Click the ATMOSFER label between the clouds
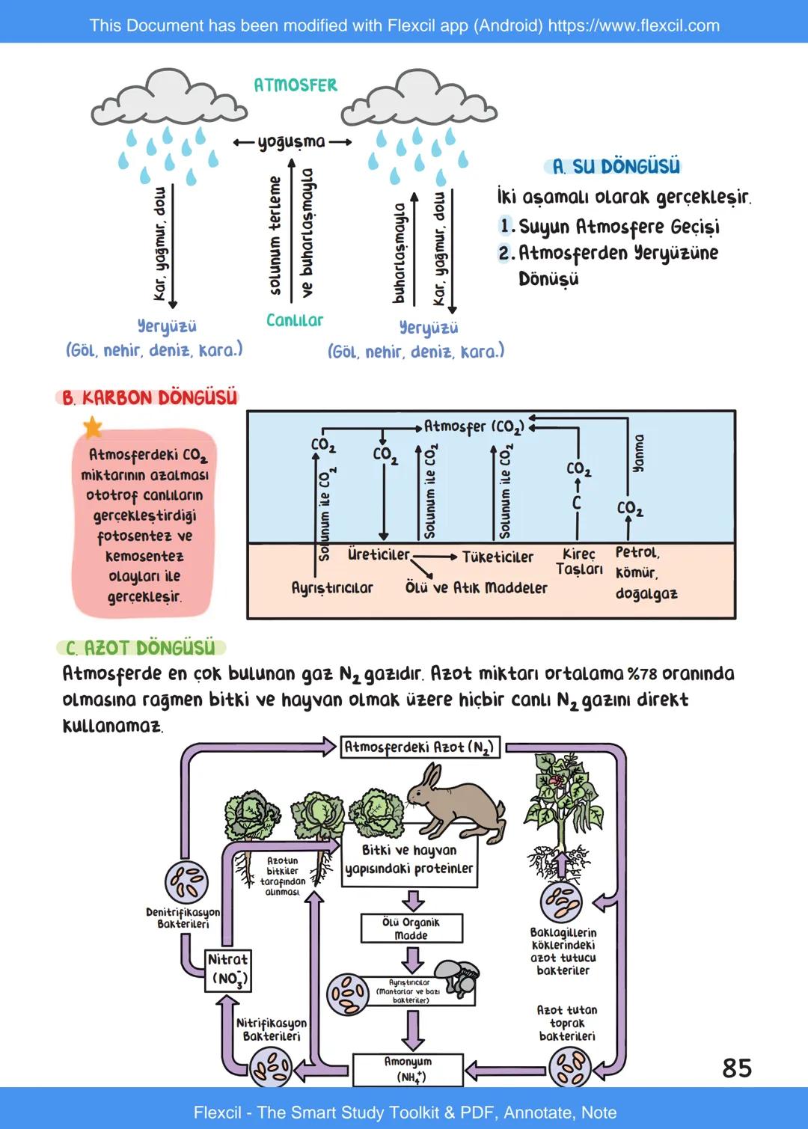pos(296,85)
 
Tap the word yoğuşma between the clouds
pos(292,142)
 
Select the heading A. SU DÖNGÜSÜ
pos(616,166)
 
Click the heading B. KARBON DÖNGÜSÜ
pos(150,397)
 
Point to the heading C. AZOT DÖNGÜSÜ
pos(141,647)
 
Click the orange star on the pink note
pos(92,428)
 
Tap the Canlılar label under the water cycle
pos(295,320)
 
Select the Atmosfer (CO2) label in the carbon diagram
pos(474,426)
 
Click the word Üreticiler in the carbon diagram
pos(379,554)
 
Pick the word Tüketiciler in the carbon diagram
pos(498,557)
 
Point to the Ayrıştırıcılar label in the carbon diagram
pos(332,588)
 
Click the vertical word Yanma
pos(638,453)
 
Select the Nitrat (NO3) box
pos(227,970)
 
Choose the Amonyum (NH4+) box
pos(408,1069)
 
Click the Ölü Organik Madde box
pos(411,928)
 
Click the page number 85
pos(737,1068)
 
